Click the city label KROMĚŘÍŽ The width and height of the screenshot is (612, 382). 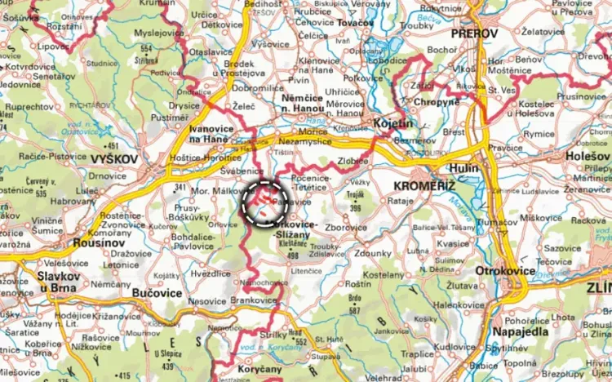pyautogui.click(x=439, y=187)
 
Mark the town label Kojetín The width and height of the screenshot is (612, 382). pyautogui.click(x=395, y=123)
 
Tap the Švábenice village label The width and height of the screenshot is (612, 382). pyautogui.click(x=242, y=171)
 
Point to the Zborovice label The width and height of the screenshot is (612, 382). pyautogui.click(x=345, y=227)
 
